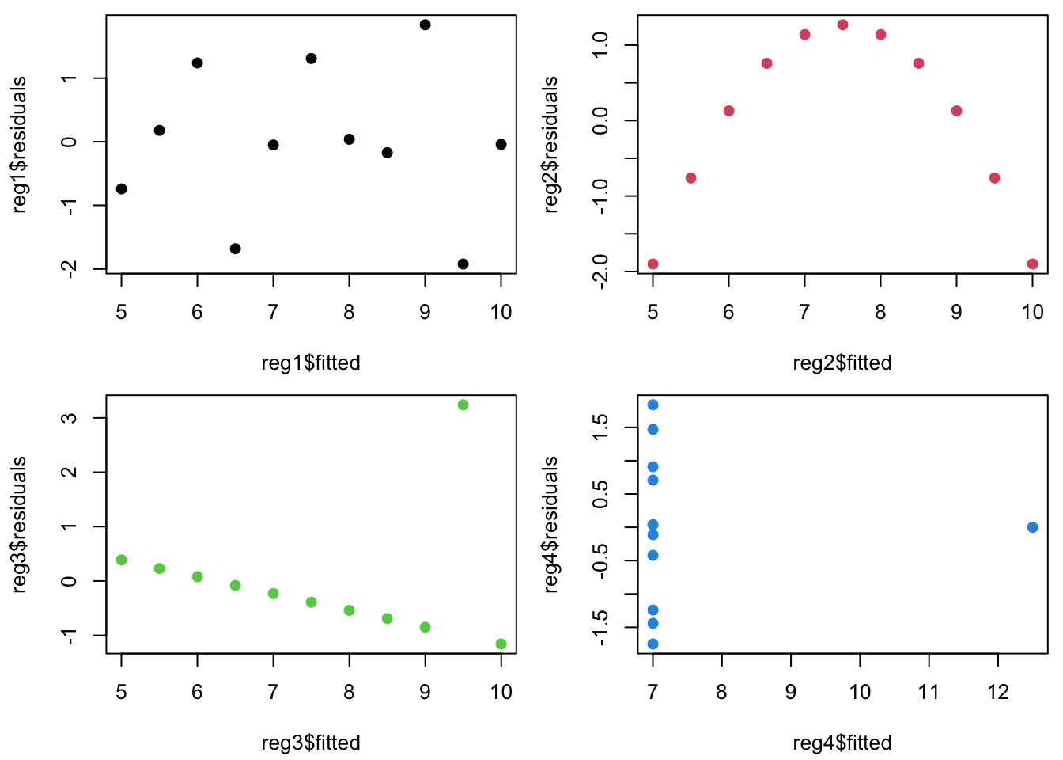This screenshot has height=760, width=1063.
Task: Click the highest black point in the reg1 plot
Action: click(425, 25)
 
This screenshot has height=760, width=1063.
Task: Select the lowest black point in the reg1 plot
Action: click(463, 264)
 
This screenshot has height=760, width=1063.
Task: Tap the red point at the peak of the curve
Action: click(842, 25)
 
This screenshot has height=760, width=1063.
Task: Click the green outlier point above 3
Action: click(463, 405)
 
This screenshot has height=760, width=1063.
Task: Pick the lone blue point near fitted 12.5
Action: click(1032, 527)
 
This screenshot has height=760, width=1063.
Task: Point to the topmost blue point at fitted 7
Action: click(653, 405)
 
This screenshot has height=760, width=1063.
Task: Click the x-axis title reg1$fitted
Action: click(311, 363)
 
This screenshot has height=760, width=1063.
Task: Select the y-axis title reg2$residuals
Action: click(551, 145)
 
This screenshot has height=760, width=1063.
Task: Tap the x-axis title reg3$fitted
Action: click(311, 743)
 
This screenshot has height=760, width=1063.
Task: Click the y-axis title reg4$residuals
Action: click(551, 525)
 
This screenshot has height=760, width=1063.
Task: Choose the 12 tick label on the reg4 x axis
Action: click(998, 692)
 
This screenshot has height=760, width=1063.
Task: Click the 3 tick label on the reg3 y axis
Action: click(70, 418)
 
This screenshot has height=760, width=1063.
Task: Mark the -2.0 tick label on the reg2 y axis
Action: click(601, 272)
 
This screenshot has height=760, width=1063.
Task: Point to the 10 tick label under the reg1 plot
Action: click(501, 312)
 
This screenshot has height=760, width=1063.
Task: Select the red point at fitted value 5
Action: click(653, 264)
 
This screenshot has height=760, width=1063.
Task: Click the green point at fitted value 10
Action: click(501, 644)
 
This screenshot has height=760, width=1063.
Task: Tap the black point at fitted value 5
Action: click(121, 188)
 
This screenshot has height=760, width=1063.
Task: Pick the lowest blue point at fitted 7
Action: click(653, 644)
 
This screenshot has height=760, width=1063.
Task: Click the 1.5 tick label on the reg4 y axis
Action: click(601, 427)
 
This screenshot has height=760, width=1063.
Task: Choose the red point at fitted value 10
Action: click(1032, 264)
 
